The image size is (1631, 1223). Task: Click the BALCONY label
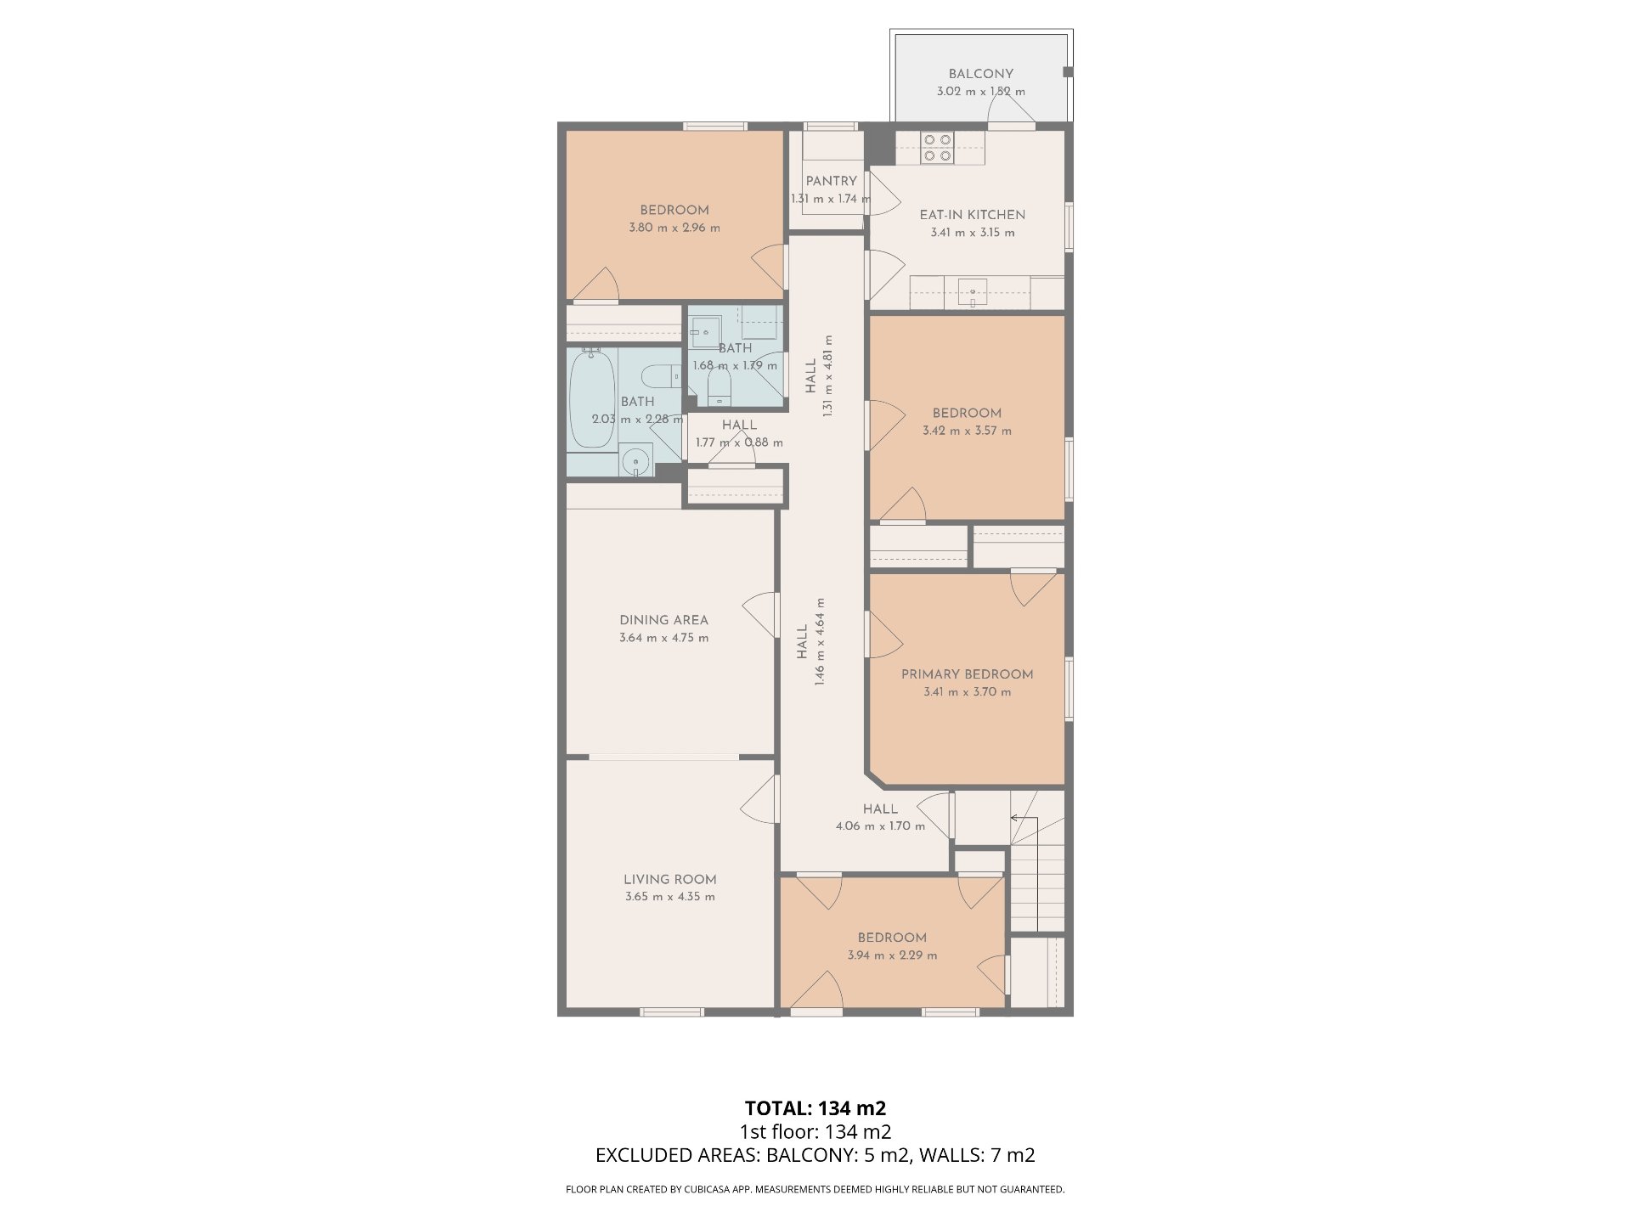[x=980, y=74]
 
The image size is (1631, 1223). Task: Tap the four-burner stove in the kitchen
[x=939, y=148]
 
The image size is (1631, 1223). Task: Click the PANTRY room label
[x=831, y=181]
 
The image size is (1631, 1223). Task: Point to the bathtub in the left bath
[x=592, y=399]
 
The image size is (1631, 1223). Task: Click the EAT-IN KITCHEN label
[x=972, y=215]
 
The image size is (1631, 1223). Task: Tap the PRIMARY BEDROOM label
[x=967, y=674]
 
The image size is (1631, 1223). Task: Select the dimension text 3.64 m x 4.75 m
[x=663, y=638]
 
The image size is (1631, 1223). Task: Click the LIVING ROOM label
[x=669, y=880]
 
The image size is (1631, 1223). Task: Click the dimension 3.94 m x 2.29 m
[x=892, y=955]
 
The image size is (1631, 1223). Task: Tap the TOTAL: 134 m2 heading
[x=815, y=1107]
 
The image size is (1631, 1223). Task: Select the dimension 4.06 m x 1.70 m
[x=880, y=826]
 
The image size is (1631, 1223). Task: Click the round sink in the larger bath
[x=635, y=462]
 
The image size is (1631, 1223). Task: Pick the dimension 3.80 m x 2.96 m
[x=674, y=228]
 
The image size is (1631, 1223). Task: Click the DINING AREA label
[x=663, y=620]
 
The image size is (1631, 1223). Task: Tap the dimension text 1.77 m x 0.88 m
[x=739, y=442]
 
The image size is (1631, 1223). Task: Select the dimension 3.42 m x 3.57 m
[x=967, y=431]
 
